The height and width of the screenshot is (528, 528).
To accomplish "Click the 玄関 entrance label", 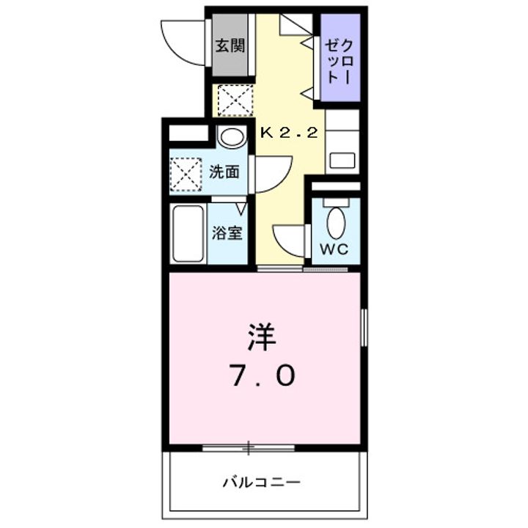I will tap(230, 45).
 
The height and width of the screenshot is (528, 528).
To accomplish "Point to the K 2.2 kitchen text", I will tap(289, 133).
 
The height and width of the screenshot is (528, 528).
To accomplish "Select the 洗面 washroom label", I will tap(224, 173).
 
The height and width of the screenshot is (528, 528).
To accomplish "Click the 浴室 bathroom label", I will tap(227, 233).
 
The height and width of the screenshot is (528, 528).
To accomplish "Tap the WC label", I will tap(335, 249).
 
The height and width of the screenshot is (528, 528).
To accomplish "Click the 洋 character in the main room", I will tap(261, 337).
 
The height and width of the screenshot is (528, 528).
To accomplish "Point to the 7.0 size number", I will tap(264, 375).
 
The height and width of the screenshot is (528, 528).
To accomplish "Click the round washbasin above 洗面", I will tap(233, 137).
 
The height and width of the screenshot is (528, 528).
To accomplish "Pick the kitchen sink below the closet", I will tap(342, 159).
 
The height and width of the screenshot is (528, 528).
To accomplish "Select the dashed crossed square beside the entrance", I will tap(235, 100).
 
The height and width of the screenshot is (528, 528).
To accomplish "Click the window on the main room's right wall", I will tap(363, 326).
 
